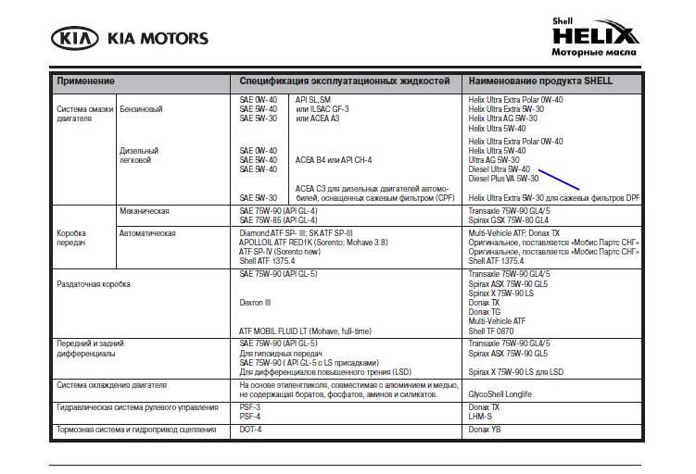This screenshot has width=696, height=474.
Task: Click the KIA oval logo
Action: click(77, 39)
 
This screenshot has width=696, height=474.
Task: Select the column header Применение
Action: click(86, 81)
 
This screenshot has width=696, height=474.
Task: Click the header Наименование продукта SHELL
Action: click(540, 81)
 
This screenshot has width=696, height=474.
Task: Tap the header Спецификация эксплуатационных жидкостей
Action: click(345, 81)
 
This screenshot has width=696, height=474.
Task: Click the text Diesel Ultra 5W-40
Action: click(500, 169)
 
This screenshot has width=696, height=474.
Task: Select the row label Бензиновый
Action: click(141, 109)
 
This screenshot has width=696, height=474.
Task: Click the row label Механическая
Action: click(144, 211)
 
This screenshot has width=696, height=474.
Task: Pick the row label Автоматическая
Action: click(147, 233)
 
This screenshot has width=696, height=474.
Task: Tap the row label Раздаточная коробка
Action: click(94, 284)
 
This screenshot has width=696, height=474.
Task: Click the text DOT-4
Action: click(250, 430)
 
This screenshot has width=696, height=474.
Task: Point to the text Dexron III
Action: click(255, 303)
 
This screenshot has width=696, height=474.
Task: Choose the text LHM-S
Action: click(481, 416)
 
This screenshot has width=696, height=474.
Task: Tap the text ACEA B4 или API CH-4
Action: click(334, 159)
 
